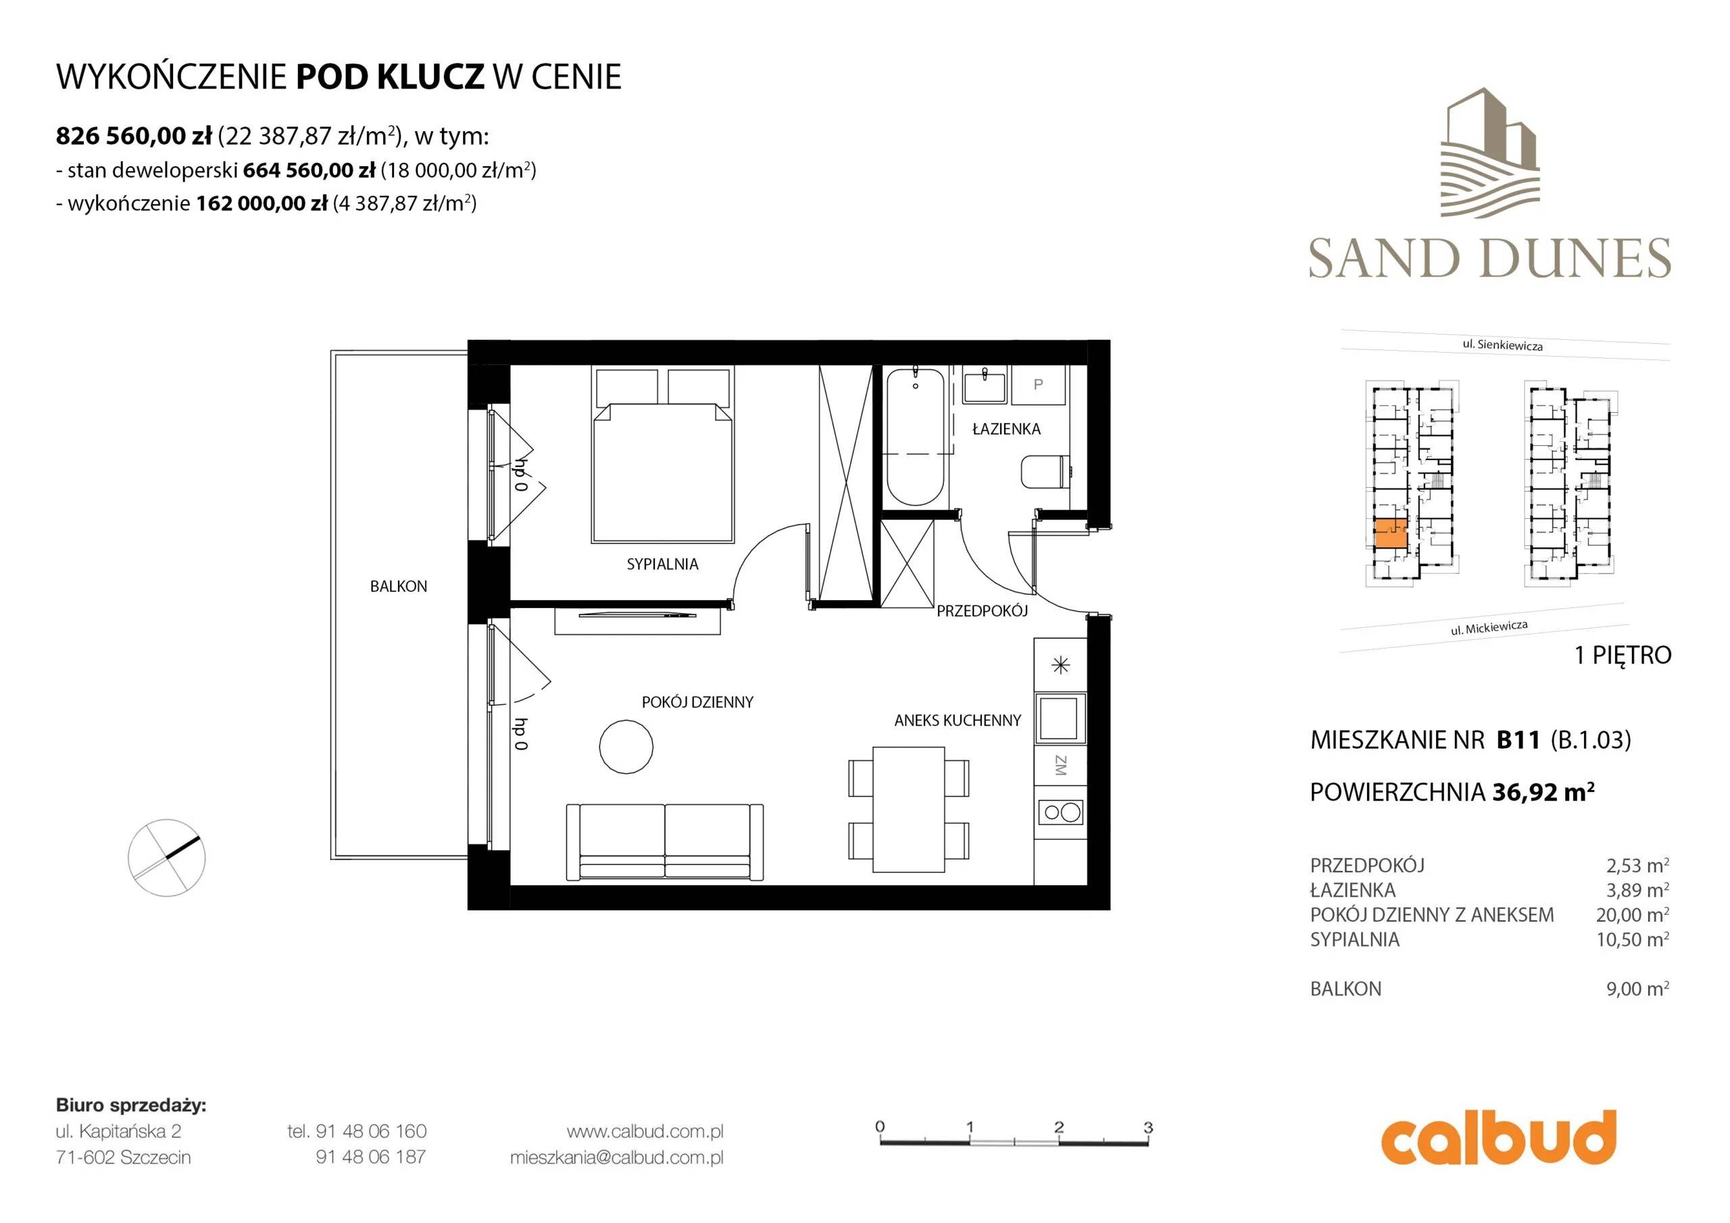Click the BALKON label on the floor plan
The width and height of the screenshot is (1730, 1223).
click(398, 586)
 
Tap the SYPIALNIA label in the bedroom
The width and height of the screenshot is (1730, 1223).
click(662, 564)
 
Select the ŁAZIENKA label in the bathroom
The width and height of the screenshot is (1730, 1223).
click(1006, 429)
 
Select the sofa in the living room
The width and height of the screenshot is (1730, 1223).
click(664, 841)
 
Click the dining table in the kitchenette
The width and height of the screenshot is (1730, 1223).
click(908, 809)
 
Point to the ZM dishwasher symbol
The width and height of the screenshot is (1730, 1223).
click(1060, 766)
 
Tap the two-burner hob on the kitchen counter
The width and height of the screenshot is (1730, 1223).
click(1060, 812)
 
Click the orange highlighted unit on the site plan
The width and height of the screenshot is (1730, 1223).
click(1391, 534)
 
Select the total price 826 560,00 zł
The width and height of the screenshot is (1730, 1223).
click(133, 136)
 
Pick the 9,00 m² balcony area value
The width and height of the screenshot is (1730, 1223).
click(1637, 989)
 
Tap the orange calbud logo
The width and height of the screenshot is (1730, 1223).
click(1499, 1138)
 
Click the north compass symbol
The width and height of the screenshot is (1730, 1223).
click(166, 857)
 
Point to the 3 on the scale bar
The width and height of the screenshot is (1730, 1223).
click(1148, 1127)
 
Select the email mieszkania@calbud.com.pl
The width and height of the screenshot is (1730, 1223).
click(616, 1157)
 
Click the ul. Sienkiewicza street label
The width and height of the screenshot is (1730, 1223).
click(1502, 345)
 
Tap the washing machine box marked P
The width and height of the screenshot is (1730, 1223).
click(1038, 384)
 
